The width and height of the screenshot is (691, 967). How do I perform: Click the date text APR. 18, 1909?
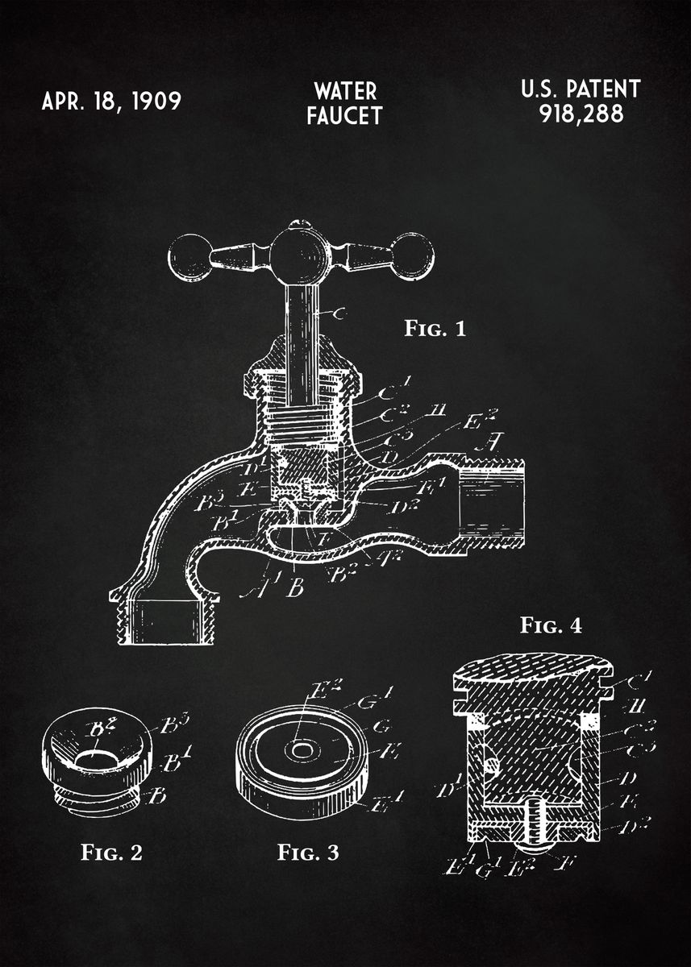coord(111,102)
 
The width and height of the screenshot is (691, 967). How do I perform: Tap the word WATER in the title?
coord(344,89)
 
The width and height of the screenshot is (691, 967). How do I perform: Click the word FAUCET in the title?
coord(344,116)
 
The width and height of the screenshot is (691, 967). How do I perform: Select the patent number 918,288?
coord(581,114)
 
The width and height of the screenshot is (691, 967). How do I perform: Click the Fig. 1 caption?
coord(435,329)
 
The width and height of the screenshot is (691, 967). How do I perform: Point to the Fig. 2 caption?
coord(111,852)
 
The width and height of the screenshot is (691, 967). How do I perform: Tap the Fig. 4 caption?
coord(551,625)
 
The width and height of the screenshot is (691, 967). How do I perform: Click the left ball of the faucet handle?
coord(188,257)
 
